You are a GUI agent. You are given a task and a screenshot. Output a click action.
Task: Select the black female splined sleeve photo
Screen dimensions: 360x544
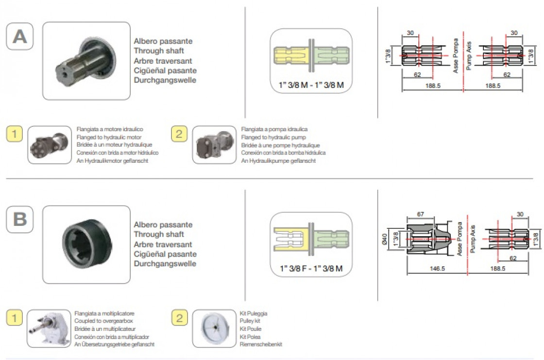tap(86, 244)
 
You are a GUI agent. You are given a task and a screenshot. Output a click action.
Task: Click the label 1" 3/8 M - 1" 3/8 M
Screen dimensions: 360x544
tap(311, 85)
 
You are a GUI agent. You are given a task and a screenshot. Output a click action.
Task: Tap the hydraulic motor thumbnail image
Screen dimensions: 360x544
tap(50, 145)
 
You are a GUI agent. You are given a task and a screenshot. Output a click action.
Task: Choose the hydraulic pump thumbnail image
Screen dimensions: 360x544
tap(214, 145)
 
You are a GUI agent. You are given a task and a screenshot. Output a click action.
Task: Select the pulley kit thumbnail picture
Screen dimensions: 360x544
tap(214, 329)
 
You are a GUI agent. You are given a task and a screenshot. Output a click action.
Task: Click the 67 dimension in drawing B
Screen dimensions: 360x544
tap(421, 214)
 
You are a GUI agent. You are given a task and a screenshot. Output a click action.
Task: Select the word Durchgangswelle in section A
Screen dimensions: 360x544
tap(165, 80)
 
